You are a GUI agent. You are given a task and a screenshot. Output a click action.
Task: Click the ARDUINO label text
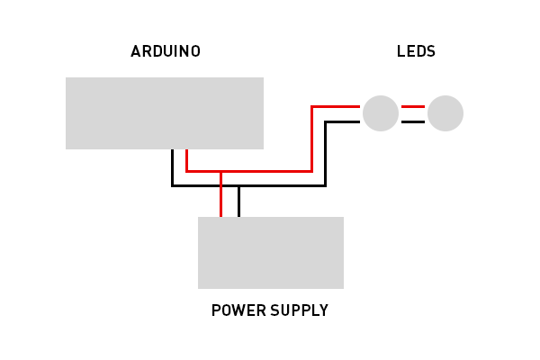pos(166,51)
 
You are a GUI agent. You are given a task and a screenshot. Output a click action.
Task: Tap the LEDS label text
pos(416,51)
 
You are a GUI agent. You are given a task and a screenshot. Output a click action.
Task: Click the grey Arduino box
pos(165,112)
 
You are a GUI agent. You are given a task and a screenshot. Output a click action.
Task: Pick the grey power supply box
pos(271,252)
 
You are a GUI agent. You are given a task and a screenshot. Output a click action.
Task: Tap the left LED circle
pos(381,113)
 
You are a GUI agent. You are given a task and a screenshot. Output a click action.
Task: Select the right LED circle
pos(445,113)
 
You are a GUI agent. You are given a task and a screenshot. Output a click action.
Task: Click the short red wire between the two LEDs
pos(413,106)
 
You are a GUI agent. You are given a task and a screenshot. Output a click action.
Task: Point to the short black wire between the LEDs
pos(413,121)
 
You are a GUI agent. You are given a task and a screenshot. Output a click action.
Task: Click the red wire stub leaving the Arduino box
pos(186,159)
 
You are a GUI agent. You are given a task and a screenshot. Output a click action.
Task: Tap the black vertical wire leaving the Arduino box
pos(172,166)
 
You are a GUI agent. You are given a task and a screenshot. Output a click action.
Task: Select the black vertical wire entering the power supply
pos(238,202)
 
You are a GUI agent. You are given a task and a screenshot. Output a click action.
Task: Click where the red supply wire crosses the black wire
pos(220,185)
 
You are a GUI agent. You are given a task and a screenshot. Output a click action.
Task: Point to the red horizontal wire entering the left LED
pos(337,106)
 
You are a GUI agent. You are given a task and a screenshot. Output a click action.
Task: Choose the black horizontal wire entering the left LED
pos(343,121)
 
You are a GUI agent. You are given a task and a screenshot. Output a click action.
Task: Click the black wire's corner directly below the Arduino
pos(172,185)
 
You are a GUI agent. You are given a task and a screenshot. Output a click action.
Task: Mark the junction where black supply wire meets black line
pos(238,185)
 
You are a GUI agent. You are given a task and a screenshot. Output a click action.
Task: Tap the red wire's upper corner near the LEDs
pos(311,106)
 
